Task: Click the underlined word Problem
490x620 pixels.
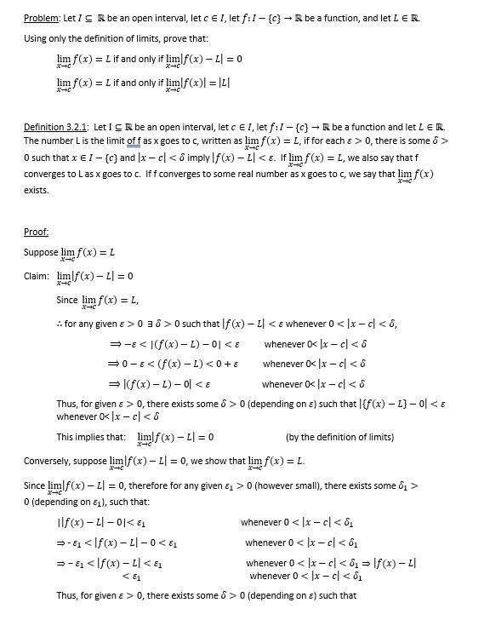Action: point(41,18)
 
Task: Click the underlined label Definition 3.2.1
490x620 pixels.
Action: point(59,127)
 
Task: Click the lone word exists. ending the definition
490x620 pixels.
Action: point(36,190)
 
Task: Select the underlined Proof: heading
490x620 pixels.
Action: point(37,232)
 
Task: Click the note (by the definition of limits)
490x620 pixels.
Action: point(339,437)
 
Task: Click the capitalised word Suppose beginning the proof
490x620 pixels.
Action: point(41,253)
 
